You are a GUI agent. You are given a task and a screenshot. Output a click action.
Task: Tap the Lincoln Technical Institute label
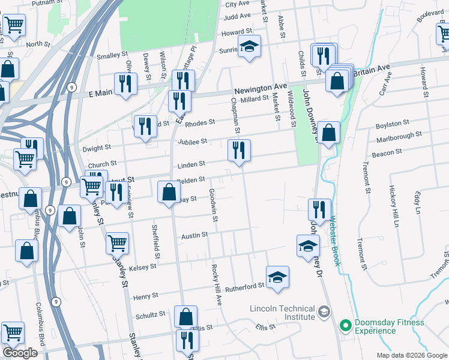(282, 313)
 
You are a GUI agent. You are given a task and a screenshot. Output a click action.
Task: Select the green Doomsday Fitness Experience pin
(345, 326)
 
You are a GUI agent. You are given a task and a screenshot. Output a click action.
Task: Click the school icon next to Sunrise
(249, 46)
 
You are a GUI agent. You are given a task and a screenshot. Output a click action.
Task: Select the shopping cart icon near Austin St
(117, 243)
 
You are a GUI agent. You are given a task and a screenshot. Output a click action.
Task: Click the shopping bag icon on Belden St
(169, 191)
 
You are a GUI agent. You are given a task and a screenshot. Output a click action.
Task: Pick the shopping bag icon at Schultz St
(186, 316)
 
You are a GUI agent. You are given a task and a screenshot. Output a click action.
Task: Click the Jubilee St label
(192, 142)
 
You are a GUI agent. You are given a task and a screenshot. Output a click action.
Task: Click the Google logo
(20, 353)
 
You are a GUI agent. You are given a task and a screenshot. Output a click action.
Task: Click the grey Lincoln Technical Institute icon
(324, 311)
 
